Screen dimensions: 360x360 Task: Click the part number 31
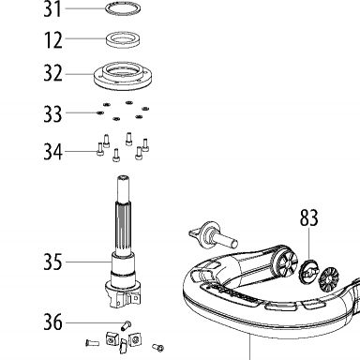click(x=52, y=9)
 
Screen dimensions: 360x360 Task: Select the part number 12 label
click(x=53, y=39)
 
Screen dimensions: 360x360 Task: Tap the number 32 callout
click(x=52, y=73)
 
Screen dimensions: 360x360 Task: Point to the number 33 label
click(x=52, y=113)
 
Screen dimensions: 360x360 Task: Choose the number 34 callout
click(x=52, y=152)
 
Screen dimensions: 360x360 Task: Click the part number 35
click(x=52, y=262)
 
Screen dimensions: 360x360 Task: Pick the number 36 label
click(x=52, y=322)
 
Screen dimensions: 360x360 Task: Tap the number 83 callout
click(x=309, y=217)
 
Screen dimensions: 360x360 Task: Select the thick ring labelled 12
click(x=123, y=39)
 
